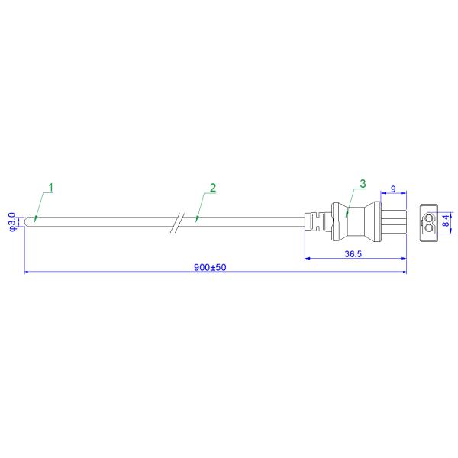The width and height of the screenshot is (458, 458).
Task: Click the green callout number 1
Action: [51, 188]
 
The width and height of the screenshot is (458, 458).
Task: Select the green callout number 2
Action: [213, 188]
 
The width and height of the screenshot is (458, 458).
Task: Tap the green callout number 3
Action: [363, 184]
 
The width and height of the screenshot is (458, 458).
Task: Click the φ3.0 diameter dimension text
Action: [12, 222]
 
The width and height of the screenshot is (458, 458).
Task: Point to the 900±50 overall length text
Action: [210, 267]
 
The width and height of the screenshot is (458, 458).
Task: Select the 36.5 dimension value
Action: [353, 254]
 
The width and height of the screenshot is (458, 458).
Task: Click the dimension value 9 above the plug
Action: [393, 189]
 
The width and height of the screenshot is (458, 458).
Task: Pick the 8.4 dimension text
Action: [446, 221]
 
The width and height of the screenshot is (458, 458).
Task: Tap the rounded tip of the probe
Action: [27, 221]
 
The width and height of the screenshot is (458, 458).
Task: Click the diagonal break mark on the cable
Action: [177, 223]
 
